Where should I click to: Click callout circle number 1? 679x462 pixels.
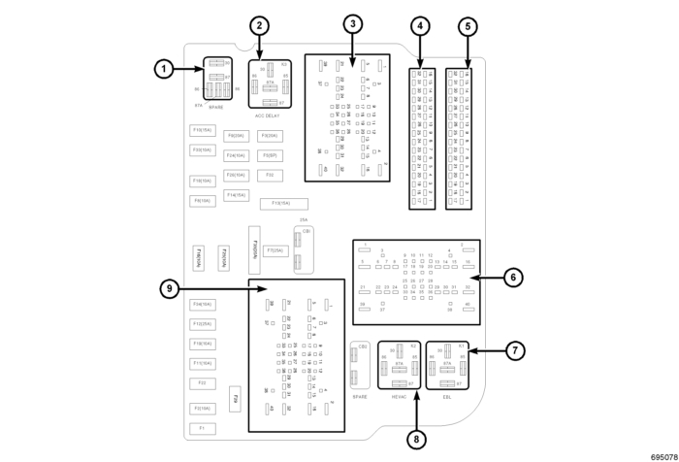pos(167,68)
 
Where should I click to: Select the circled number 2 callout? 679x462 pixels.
pos(259,26)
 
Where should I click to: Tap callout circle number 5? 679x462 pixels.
pos(467,26)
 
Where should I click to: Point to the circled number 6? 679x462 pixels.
pos(515,277)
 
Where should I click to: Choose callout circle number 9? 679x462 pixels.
pos(169,288)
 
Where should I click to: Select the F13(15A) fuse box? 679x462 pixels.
pos(283,204)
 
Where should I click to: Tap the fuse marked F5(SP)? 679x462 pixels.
pos(270,155)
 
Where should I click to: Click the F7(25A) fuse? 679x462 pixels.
pos(274,250)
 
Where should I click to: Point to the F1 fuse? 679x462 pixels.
pos(202,428)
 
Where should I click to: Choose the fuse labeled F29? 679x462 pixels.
pos(235,400)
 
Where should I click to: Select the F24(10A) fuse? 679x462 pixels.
pos(235,155)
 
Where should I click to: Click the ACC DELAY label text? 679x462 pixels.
pos(267,115)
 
